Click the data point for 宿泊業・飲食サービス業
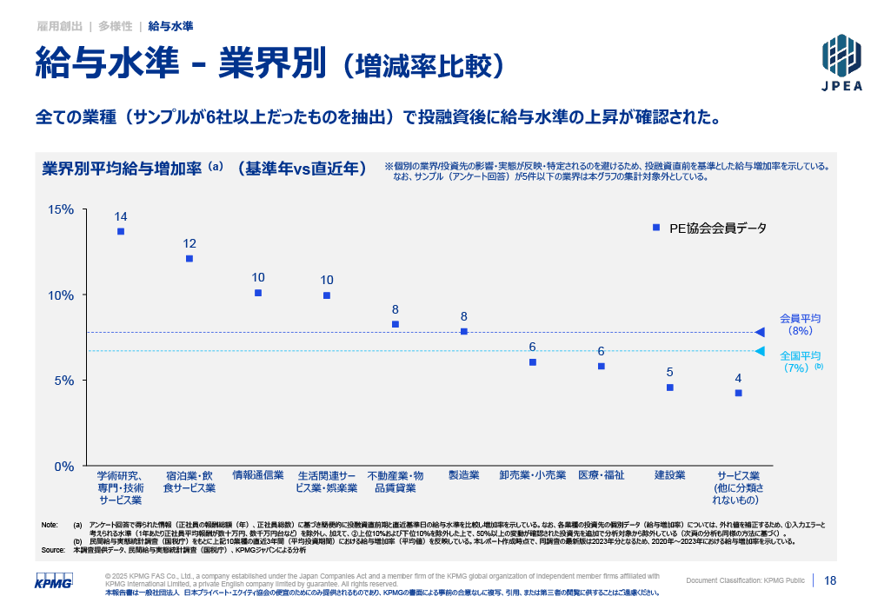pos(189,259)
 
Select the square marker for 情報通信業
pos(258,294)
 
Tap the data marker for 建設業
pos(670,387)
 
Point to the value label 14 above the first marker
pos(121,216)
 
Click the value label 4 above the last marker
pos(738,378)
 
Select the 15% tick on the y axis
pos(61,210)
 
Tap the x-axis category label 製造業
pos(463,475)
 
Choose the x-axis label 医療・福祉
pos(602,475)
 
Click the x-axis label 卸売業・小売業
pos(533,475)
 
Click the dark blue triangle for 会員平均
pos(760,332)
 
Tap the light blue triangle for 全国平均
pos(760,351)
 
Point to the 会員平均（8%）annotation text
pos(800,324)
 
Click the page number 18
pos(830,580)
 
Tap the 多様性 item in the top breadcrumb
pos(116,27)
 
